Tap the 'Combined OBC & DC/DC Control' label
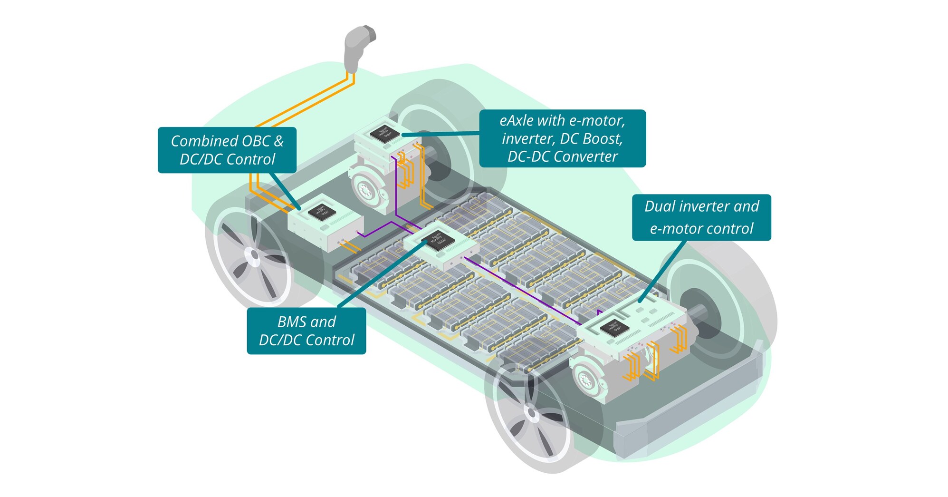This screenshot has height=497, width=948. (x=227, y=150)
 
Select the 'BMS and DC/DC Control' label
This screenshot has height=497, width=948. (x=306, y=331)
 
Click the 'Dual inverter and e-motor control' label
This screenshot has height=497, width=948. (x=701, y=217)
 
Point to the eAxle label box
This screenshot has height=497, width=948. (x=562, y=138)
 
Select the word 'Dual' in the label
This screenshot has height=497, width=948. (x=661, y=206)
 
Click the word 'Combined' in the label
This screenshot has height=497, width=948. (x=204, y=141)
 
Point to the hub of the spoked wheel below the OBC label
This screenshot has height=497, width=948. (x=254, y=256)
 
